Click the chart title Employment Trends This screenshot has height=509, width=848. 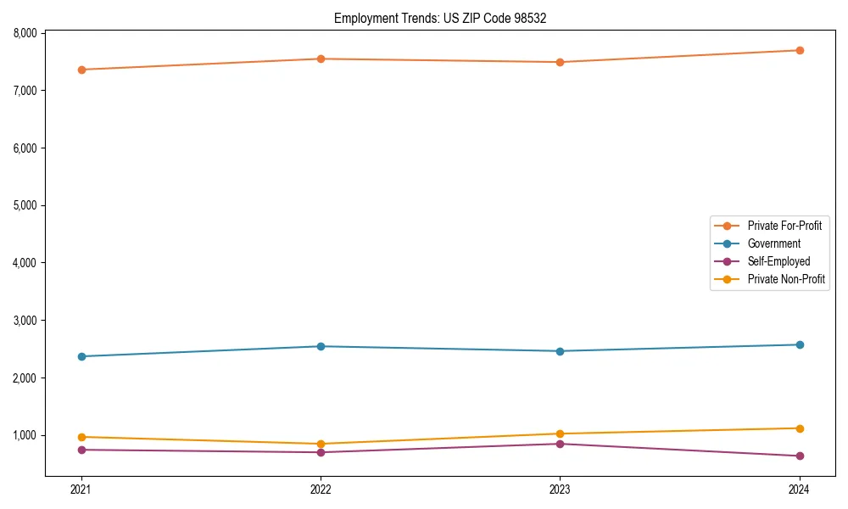[446, 18]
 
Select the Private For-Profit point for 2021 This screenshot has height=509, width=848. [81, 70]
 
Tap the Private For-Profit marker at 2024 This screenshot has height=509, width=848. [800, 50]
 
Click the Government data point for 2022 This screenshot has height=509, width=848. [321, 346]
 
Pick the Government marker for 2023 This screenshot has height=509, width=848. [560, 351]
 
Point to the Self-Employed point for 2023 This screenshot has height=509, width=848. [560, 444]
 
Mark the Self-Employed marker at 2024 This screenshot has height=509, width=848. [800, 456]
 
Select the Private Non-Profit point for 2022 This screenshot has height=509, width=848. [321, 444]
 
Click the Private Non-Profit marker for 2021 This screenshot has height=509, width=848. [81, 437]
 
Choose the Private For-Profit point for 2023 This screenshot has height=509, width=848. [560, 62]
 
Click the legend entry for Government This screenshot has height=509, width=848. [773, 243]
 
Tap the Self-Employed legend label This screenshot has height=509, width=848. [778, 261]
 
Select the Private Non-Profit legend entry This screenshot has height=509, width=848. [786, 279]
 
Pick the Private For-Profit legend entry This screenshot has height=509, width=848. [784, 226]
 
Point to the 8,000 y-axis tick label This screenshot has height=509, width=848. [25, 33]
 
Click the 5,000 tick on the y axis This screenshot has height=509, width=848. [25, 205]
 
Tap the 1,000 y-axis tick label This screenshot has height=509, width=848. [25, 435]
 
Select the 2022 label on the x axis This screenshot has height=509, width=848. [321, 489]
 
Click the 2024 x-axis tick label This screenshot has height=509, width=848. [800, 489]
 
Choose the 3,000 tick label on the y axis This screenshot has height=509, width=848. [25, 321]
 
